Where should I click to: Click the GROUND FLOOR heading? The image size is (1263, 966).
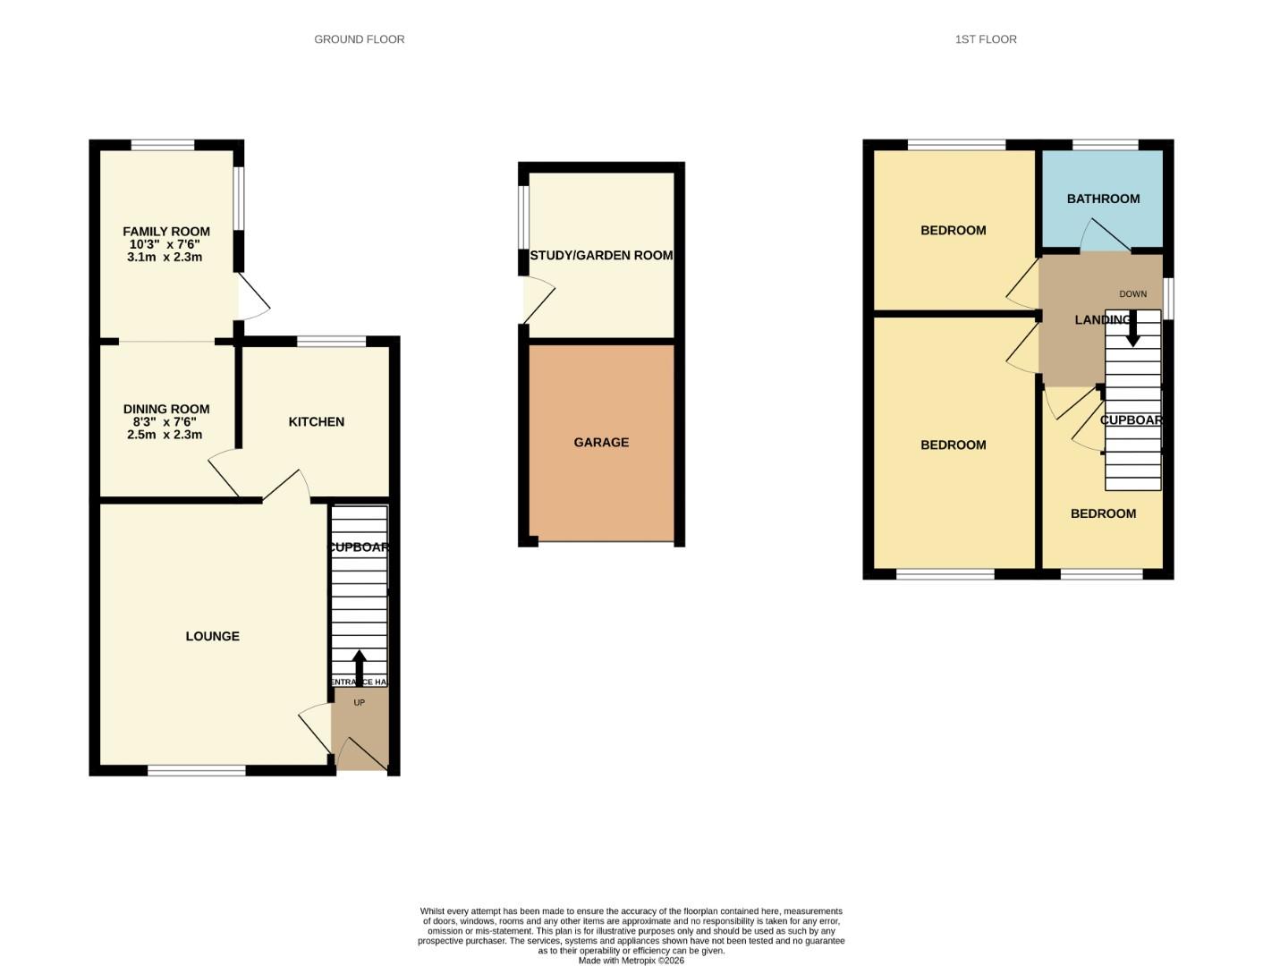tap(359, 39)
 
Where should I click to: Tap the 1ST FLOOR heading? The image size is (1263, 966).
tap(986, 39)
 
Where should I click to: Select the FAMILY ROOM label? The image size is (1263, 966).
tap(166, 232)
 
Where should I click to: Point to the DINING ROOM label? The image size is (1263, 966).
tap(166, 410)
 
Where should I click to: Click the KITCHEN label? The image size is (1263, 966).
tap(316, 422)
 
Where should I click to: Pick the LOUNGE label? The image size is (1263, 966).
tap(212, 637)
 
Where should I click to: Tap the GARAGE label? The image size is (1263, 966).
tap(601, 443)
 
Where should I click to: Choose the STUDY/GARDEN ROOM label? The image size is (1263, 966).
tap(601, 256)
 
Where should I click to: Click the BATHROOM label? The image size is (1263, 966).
tap(1103, 199)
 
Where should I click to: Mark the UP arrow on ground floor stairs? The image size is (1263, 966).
tap(360, 666)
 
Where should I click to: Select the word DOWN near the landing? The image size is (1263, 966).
tap(1132, 294)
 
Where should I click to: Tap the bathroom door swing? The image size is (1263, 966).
tap(1102, 235)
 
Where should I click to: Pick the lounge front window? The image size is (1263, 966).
tap(197, 770)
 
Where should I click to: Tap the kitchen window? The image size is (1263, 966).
tap(331, 341)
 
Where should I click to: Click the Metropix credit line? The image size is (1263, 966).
tap(631, 961)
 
